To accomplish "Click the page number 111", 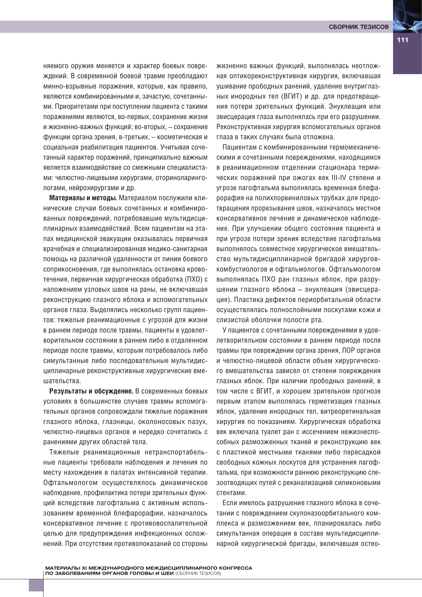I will tap(402, 40).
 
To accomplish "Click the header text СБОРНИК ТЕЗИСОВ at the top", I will tap(359, 27).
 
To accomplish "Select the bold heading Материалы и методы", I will tap(83, 198).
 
